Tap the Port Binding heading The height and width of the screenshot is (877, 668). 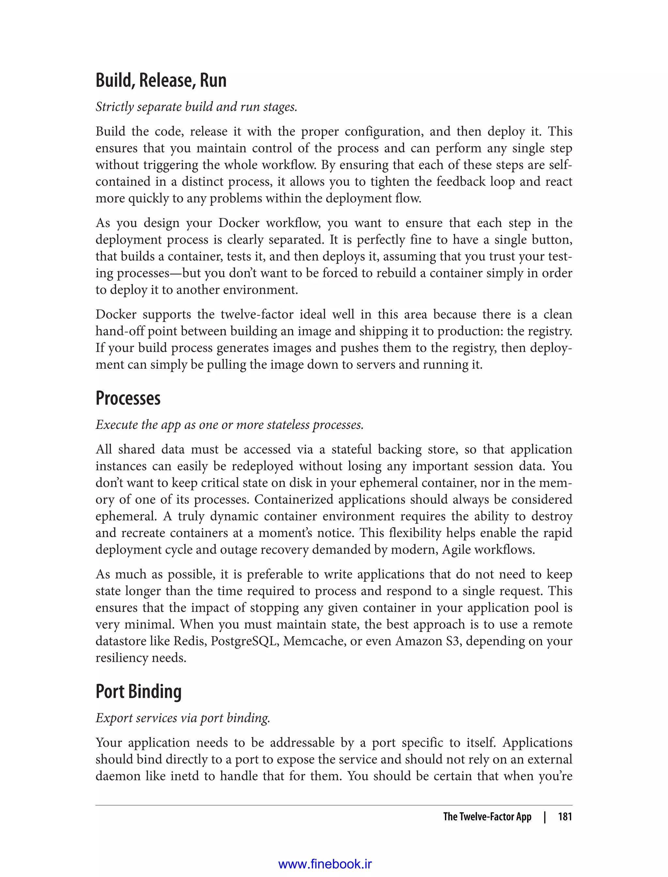tap(138, 691)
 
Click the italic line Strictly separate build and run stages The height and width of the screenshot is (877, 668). tap(196, 107)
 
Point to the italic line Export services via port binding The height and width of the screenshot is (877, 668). tap(183, 718)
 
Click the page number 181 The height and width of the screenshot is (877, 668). tap(565, 817)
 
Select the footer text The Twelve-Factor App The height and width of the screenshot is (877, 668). tap(487, 817)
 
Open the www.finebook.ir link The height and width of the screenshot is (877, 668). tap(325, 861)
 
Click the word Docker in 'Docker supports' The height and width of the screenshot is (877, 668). tap(116, 315)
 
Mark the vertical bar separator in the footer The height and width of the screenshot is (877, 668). tap(545, 817)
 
